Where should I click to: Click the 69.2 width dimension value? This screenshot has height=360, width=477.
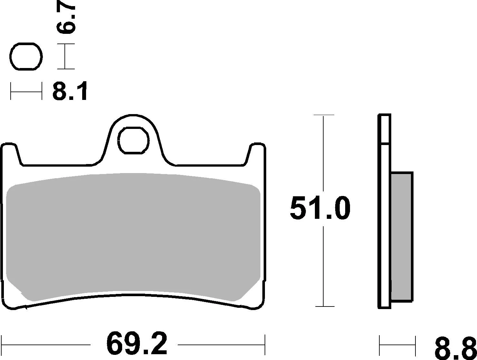137,344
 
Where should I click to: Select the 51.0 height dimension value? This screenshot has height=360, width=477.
320,209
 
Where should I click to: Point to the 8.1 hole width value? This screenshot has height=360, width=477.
70,92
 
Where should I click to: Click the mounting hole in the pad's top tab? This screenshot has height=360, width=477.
133,140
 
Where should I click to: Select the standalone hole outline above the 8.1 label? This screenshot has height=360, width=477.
26,56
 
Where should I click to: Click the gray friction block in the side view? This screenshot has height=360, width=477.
402,237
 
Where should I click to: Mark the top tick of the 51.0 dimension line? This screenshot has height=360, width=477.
324,115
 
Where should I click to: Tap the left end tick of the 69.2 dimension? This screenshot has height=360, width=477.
2,345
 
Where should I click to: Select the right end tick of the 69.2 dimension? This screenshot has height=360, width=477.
265,345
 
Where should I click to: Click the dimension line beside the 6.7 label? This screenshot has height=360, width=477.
65,56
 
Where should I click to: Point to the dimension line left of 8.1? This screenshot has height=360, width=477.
26,91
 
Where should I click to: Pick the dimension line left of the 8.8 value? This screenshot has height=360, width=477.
397,345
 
